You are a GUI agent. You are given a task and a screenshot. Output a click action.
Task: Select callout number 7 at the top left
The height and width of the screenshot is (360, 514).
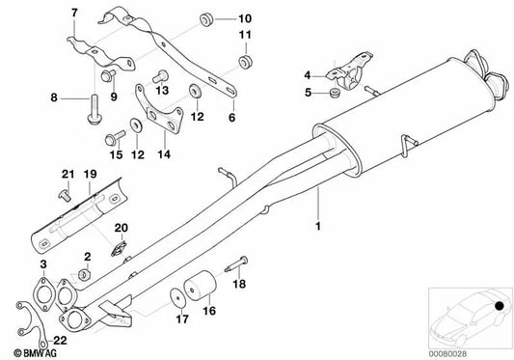pyautogui.click(x=72, y=11)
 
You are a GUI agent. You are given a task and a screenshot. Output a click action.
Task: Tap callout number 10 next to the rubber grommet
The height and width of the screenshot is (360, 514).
pyautogui.click(x=245, y=18)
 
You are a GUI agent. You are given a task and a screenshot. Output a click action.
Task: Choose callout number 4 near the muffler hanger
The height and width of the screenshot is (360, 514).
pyautogui.click(x=308, y=73)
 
